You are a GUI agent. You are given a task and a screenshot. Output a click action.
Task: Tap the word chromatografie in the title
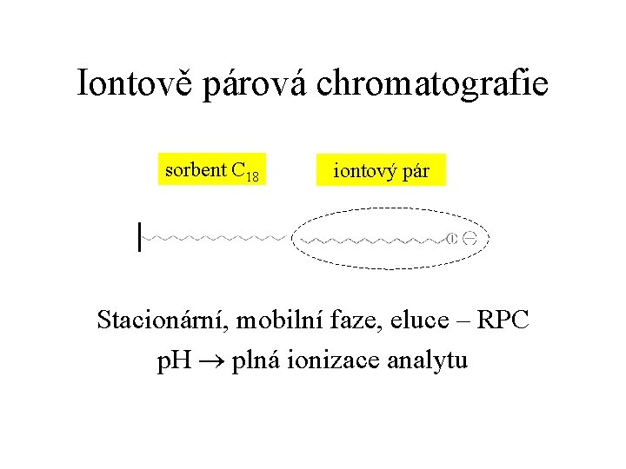point(432,84)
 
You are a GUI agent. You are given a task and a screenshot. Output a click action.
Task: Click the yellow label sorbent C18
point(212,170)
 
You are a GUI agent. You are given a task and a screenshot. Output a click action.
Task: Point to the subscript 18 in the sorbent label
point(252,177)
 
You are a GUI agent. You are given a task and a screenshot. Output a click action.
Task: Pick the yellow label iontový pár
point(382,171)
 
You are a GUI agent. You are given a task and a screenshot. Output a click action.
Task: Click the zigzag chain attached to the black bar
point(213,236)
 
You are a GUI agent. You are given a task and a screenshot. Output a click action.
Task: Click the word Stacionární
point(160,320)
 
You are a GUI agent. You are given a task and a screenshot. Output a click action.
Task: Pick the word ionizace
point(336,360)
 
